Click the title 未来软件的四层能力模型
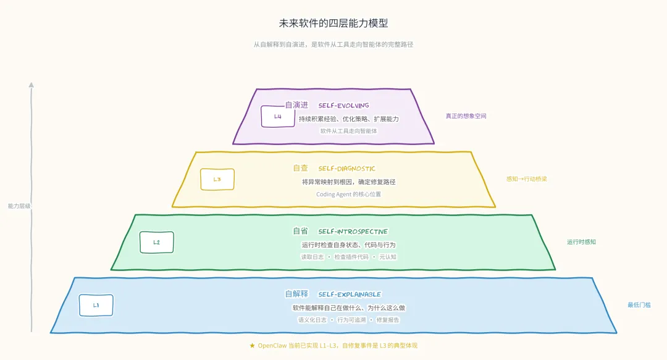tap(333, 23)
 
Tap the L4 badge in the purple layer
tap(277, 116)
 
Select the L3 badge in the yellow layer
tap(217, 179)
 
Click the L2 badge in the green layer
tap(156, 242)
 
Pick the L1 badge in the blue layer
tap(96, 305)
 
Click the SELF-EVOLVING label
tap(343, 106)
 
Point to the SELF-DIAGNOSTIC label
tap(346, 169)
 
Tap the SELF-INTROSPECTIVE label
tap(353, 232)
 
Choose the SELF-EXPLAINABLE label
tap(350, 295)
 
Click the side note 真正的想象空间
tap(466, 116)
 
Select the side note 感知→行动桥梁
tap(526, 179)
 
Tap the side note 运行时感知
tap(581, 242)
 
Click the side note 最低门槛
tap(639, 305)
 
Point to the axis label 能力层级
tap(19, 206)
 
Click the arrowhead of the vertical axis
tap(31, 85)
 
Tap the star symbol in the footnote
tap(252, 346)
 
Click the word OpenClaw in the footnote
tap(272, 346)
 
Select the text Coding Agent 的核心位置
tap(348, 194)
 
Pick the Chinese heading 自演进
tap(296, 105)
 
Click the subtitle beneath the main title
tap(333, 45)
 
